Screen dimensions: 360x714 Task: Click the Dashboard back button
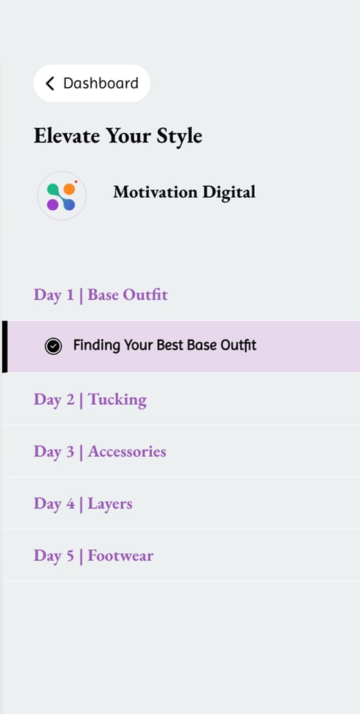[91, 83]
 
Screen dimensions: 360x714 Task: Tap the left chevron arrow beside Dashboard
[50, 83]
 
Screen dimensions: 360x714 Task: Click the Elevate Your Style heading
[118, 136]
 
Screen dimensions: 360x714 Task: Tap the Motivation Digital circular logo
[62, 196]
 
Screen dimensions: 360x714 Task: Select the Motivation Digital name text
[184, 192]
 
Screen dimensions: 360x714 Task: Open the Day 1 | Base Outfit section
[100, 295]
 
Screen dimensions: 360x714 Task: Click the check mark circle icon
[53, 347]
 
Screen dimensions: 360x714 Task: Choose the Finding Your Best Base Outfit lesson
[165, 345]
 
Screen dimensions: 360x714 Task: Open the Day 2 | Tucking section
[90, 399]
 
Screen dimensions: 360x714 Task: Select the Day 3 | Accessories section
[100, 451]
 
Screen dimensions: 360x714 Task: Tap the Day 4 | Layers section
[83, 504]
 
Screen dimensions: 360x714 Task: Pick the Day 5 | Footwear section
[93, 556]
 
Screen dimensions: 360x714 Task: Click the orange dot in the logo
[69, 189]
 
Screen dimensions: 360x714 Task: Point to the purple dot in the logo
[53, 205]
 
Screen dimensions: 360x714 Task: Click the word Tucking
[117, 399]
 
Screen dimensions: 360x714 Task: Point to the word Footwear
[120, 556]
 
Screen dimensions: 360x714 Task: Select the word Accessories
[127, 451]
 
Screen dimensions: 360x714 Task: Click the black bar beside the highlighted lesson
[5, 347]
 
